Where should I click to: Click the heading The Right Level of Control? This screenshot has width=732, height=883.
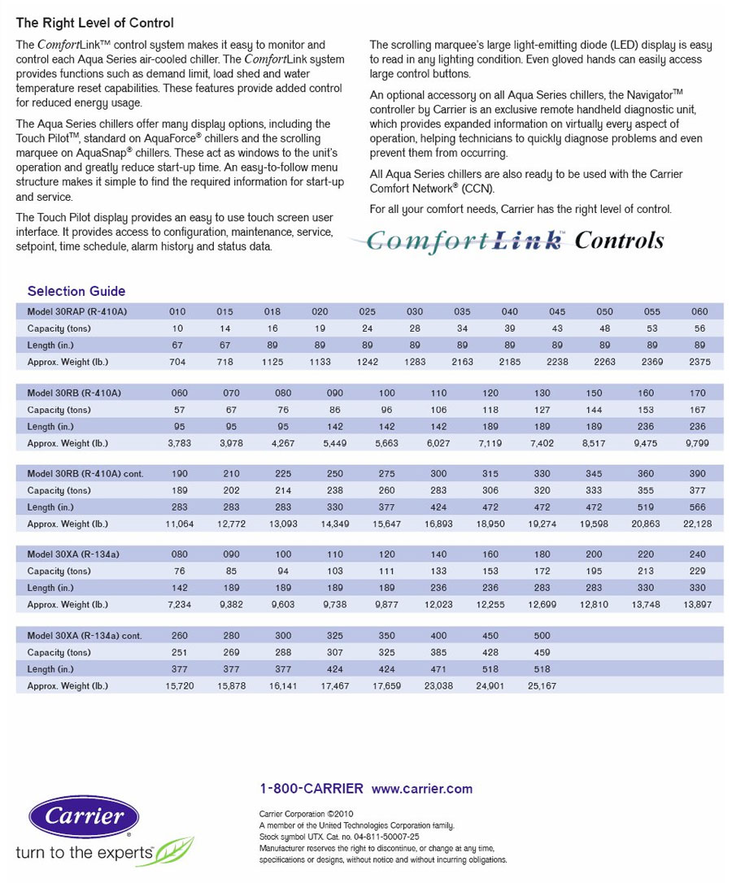pyautogui.click(x=95, y=24)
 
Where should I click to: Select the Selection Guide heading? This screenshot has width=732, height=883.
pyautogui.click(x=76, y=291)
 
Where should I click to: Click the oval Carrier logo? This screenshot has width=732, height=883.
pyautogui.click(x=84, y=816)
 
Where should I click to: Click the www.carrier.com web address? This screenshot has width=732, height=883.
pyautogui.click(x=421, y=789)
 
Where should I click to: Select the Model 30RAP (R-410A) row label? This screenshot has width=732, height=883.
pyautogui.click(x=77, y=312)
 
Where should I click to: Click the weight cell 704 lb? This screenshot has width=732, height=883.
pyautogui.click(x=177, y=362)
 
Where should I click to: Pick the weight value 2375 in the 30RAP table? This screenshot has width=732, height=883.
pyautogui.click(x=699, y=362)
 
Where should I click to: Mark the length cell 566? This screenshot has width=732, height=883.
pyautogui.click(x=698, y=507)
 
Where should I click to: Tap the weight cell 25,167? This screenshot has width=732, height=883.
pyautogui.click(x=542, y=686)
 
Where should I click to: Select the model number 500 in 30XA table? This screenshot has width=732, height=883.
pyautogui.click(x=542, y=636)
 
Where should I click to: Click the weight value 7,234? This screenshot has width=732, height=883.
pyautogui.click(x=180, y=605)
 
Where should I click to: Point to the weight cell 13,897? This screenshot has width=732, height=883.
pyautogui.click(x=698, y=605)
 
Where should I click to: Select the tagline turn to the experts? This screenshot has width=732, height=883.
pyautogui.click(x=85, y=852)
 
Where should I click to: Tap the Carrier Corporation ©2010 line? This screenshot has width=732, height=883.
pyautogui.click(x=306, y=813)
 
